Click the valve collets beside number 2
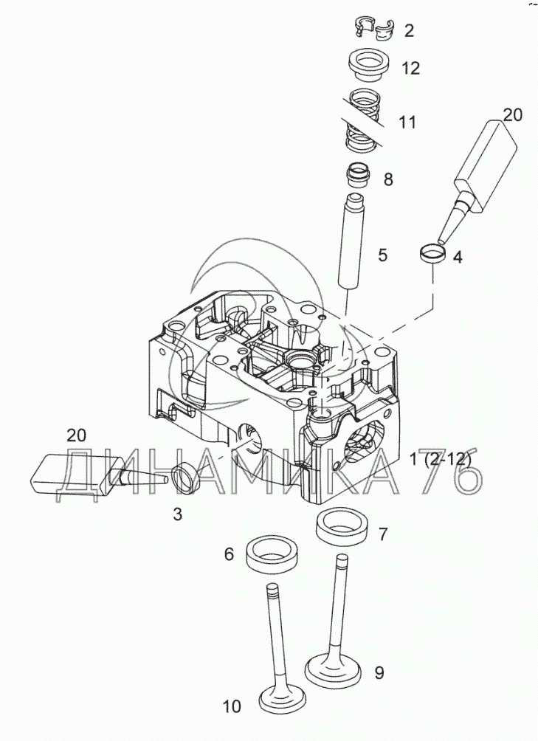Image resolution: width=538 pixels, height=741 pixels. tap(375, 29)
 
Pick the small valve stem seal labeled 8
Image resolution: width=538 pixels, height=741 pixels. tap(358, 176)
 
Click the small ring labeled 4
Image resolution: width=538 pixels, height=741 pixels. tap(433, 253)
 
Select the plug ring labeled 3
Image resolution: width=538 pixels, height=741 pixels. tap(186, 478)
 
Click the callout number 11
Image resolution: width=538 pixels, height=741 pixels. tap(407, 123)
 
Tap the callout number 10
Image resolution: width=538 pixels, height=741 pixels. tap(232, 707)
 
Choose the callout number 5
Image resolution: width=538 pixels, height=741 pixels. tap(382, 255)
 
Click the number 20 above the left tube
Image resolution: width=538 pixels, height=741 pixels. tap(76, 435)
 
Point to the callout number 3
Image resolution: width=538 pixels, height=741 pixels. tap(178, 514)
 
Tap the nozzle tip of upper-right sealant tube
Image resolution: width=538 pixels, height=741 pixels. tap(441, 241)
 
